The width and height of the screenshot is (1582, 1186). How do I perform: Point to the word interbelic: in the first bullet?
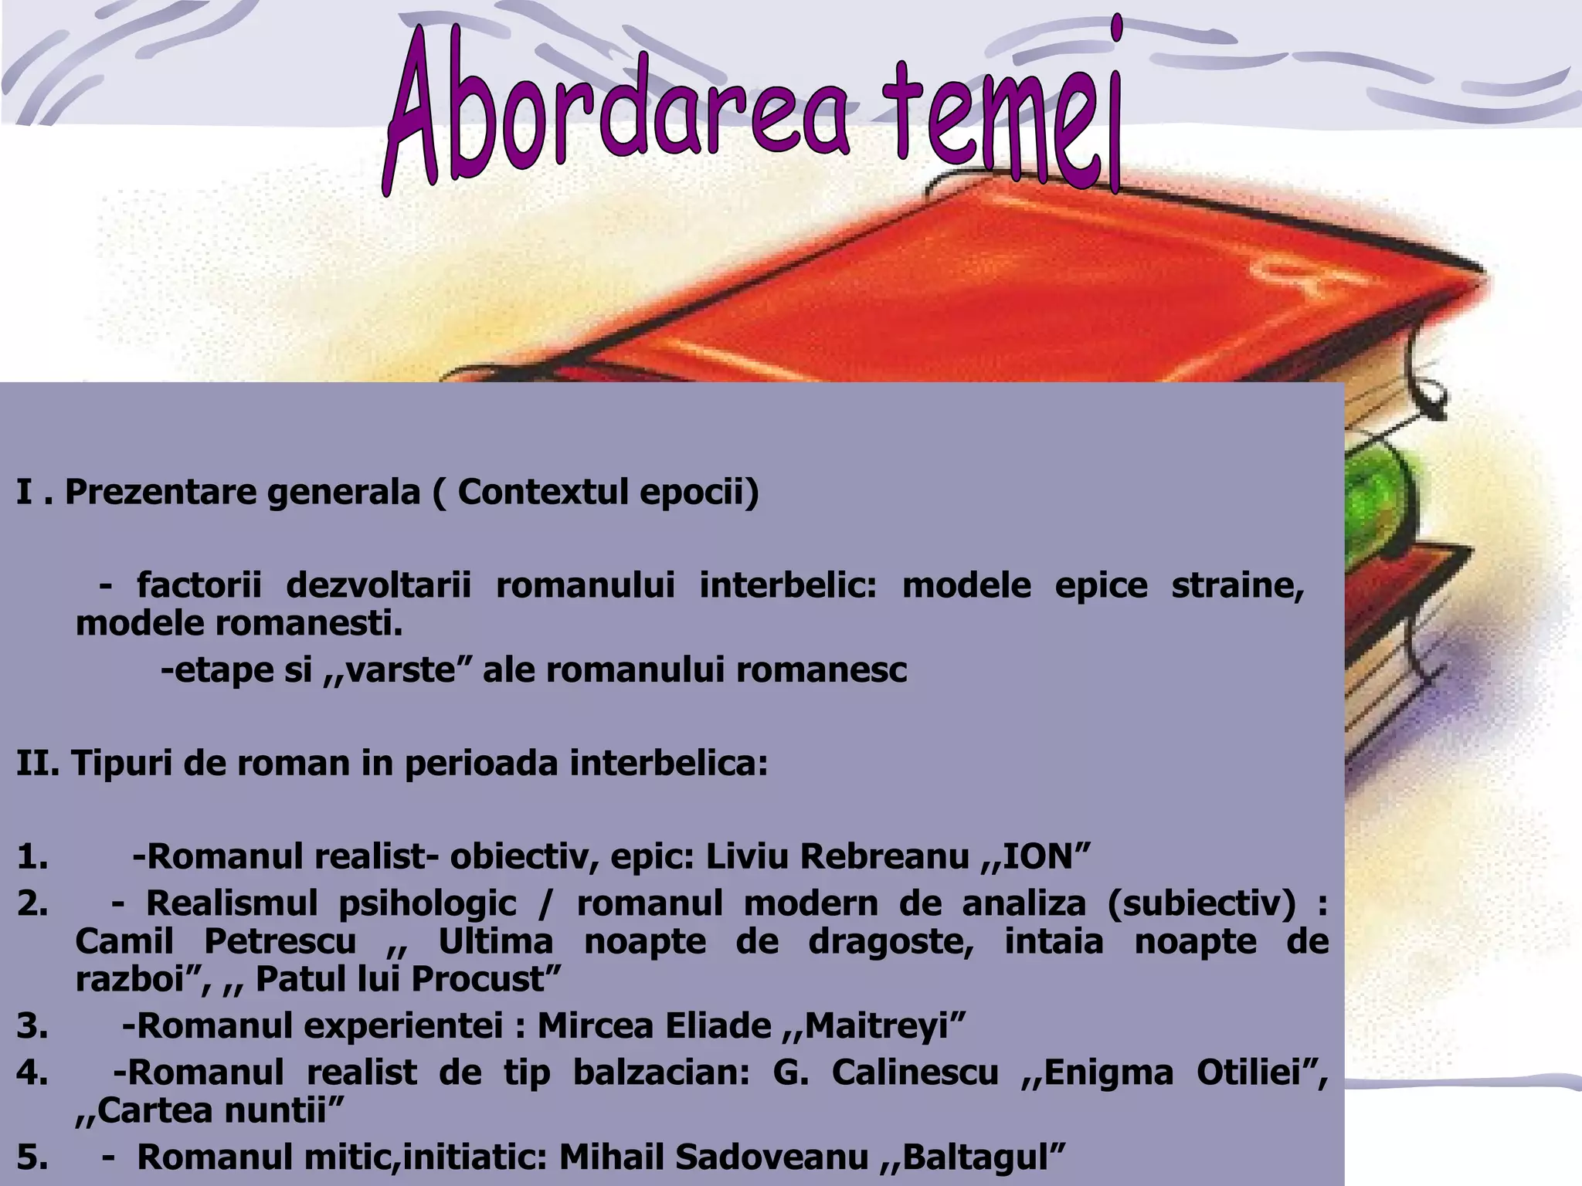click(x=788, y=585)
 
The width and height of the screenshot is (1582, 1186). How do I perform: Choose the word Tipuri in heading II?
click(x=119, y=764)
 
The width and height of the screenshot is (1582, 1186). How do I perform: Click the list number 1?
click(x=32, y=857)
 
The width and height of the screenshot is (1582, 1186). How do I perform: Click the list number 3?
click(x=32, y=1026)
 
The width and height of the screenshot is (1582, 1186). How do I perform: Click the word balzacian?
click(x=661, y=1072)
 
